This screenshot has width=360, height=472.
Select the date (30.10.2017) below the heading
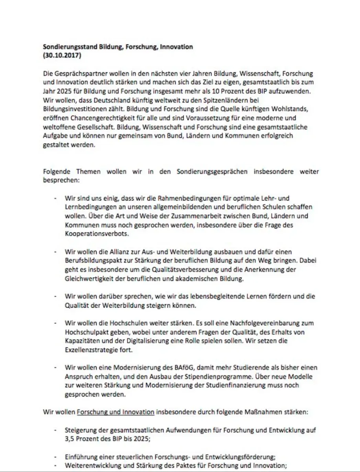[x=61, y=55]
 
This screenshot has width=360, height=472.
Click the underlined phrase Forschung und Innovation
[x=116, y=412]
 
